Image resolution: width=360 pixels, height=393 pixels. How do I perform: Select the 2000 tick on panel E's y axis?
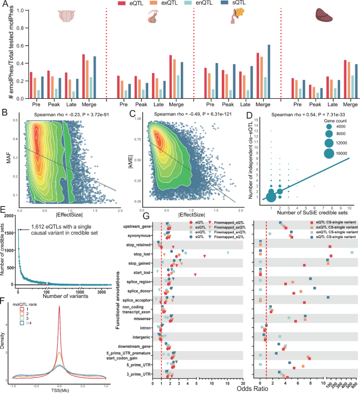9,215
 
